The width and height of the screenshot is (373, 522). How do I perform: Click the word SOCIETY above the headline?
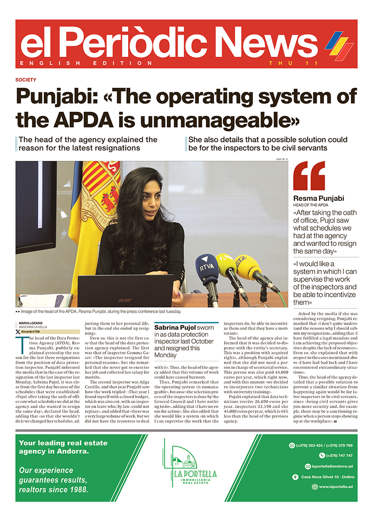click(26, 80)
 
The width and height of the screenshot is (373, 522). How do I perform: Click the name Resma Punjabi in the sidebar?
click(318, 198)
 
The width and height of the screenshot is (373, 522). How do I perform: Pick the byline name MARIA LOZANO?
click(31, 322)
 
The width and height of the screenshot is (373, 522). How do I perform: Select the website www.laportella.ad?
click(336, 487)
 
